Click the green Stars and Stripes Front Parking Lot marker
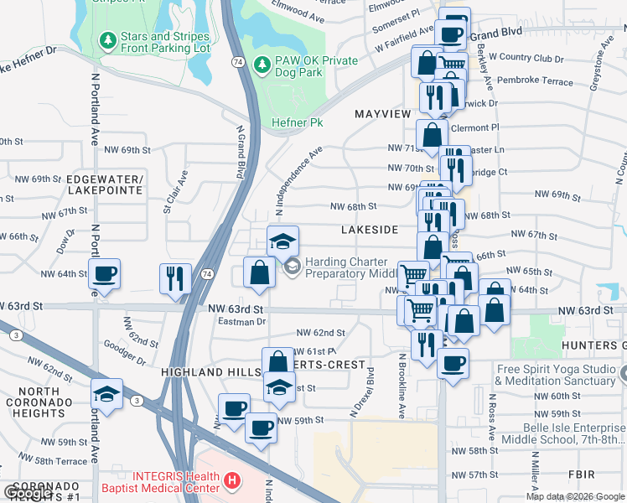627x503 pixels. tap(107, 39)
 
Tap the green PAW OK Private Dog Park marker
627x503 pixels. tap(262, 64)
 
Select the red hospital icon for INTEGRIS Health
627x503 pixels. tap(232, 482)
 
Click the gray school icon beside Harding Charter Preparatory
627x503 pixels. tap(293, 267)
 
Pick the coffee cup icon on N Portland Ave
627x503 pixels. tap(105, 274)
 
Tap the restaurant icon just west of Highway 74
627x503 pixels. tap(174, 277)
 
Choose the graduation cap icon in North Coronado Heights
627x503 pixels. tap(107, 393)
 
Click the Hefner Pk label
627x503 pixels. tap(297, 122)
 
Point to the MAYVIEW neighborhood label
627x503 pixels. tap(382, 113)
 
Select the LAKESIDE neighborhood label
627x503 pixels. tap(370, 229)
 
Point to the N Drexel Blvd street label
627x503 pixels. tap(362, 392)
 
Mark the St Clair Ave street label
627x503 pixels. tap(174, 194)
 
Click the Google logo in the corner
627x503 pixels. tap(28, 493)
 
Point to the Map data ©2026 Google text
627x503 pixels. tap(574, 496)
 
